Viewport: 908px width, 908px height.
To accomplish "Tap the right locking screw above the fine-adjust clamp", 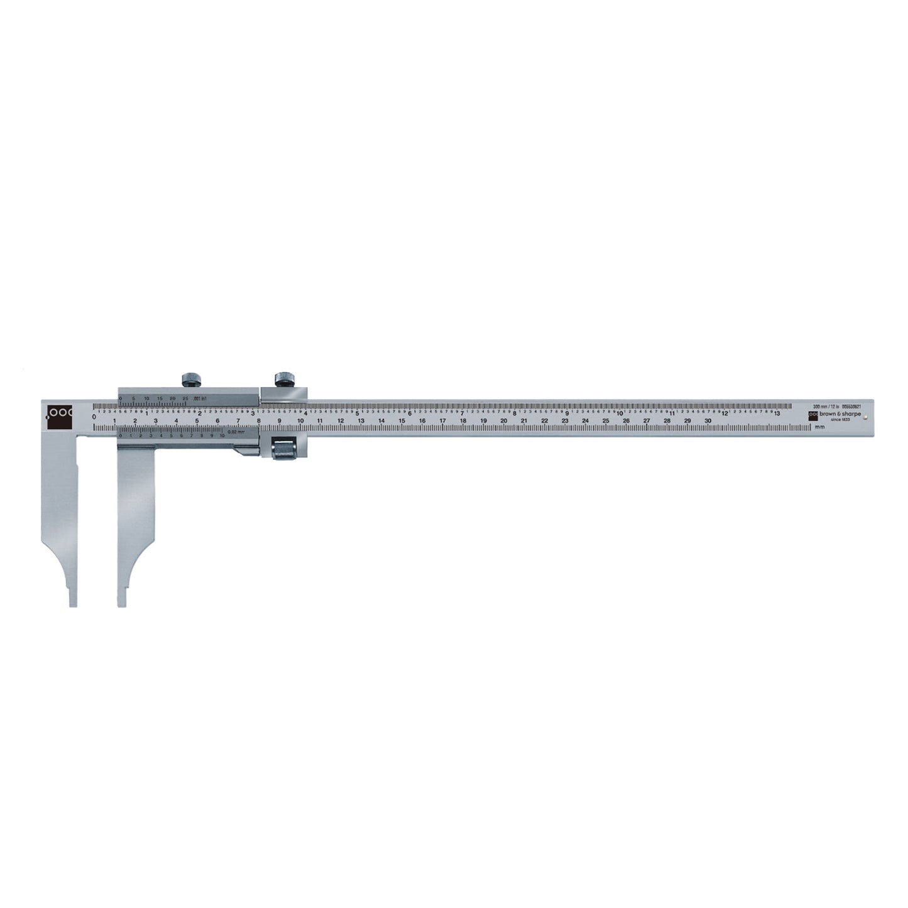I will pos(286,379).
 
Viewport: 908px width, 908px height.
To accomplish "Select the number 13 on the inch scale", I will pos(777,413).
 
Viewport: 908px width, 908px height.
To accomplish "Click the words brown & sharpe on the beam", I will pos(840,415).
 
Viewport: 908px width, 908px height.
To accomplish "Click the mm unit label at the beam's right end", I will pos(819,427).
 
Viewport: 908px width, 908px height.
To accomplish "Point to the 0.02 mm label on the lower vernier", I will pos(236,432).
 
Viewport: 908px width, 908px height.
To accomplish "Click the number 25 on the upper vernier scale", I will pos(185,398).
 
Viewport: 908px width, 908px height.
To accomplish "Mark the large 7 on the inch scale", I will pos(462,413).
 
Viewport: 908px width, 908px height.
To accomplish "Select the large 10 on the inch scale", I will pos(619,413).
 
